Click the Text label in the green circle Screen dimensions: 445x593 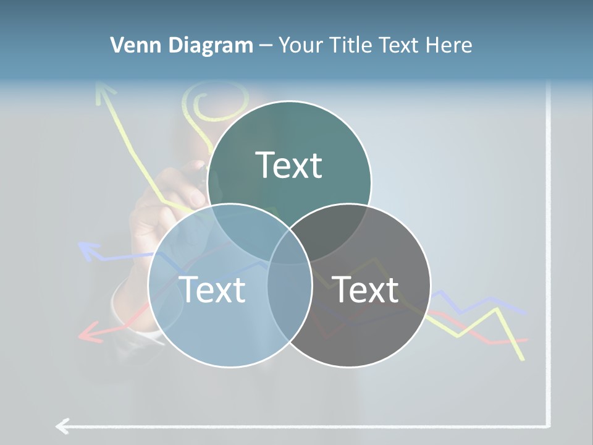pos(288,165)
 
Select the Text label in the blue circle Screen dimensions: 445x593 pos(212,289)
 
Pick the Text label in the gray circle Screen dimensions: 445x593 pos(365,289)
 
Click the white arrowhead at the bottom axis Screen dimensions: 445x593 pos(62,426)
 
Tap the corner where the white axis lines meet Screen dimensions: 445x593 pos(548,425)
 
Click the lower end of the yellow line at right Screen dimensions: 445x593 pos(523,357)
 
